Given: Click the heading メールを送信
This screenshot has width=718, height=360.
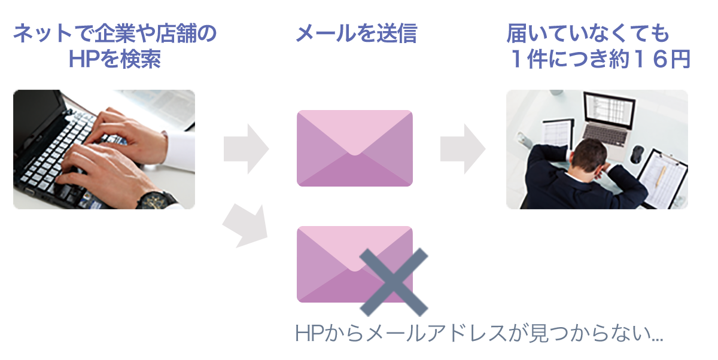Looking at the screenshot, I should [355, 34].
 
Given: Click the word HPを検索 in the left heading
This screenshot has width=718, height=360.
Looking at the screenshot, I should [115, 59].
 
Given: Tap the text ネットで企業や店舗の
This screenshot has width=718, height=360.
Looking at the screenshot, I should [115, 34].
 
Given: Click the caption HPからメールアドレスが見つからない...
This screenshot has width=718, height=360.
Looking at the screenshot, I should [479, 333].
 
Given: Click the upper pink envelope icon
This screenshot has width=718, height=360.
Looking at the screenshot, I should [355, 148].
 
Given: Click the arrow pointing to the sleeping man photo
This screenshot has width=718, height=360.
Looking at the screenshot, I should [461, 148].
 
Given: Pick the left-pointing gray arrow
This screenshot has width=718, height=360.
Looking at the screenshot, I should [245, 225].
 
